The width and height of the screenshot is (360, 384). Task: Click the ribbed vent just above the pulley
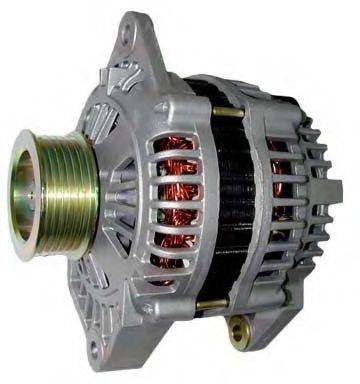(111, 120)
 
